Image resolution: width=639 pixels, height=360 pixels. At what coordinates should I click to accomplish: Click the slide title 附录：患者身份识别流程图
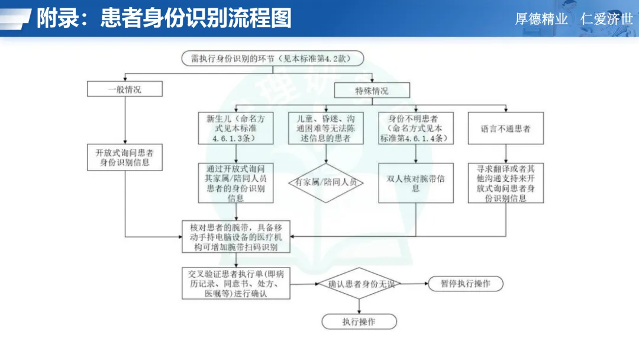(164, 18)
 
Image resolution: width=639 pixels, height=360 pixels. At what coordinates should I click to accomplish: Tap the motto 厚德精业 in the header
(541, 19)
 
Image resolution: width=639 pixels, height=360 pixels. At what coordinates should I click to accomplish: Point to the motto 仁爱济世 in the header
(606, 19)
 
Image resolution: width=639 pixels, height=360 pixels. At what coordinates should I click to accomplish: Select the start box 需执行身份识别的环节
(272, 59)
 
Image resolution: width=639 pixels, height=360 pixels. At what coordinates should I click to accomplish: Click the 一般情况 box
(124, 89)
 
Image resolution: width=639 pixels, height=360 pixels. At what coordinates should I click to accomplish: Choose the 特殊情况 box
(372, 91)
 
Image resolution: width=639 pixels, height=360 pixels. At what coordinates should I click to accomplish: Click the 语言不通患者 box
(505, 128)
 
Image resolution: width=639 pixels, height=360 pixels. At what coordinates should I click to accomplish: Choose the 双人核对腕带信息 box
(415, 183)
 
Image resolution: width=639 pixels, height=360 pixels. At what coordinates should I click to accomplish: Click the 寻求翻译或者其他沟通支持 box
(505, 183)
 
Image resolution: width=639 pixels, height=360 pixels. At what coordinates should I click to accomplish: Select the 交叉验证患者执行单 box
(236, 283)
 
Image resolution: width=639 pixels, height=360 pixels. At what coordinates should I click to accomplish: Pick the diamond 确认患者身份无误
(359, 284)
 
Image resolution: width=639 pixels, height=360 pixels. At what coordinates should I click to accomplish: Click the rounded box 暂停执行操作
(465, 284)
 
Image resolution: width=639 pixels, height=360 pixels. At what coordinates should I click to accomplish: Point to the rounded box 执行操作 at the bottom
(359, 322)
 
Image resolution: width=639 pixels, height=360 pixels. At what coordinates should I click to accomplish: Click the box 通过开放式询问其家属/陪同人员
(236, 183)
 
